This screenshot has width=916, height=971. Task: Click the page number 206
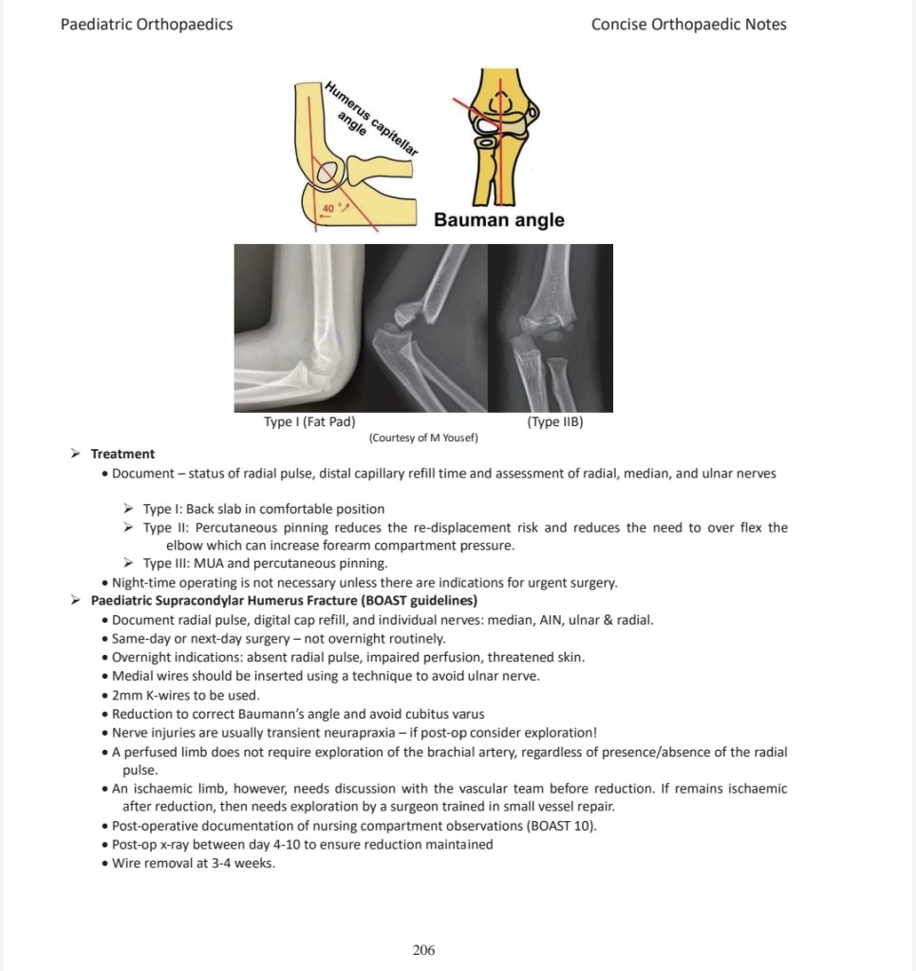point(423,949)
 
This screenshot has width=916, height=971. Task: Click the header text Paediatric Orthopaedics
point(146,25)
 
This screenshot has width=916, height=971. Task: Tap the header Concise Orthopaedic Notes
point(688,25)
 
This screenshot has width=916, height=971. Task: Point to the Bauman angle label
point(498,220)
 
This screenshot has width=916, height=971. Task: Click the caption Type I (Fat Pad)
point(309,421)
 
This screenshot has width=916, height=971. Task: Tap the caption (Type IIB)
point(554,421)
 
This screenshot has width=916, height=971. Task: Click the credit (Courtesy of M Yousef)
point(423,438)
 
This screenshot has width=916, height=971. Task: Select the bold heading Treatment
point(122,454)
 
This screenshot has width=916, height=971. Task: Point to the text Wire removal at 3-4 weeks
point(194,863)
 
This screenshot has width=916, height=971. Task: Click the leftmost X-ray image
point(300,327)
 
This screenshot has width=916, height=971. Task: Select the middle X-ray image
point(426,327)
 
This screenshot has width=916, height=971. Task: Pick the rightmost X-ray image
point(550,327)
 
